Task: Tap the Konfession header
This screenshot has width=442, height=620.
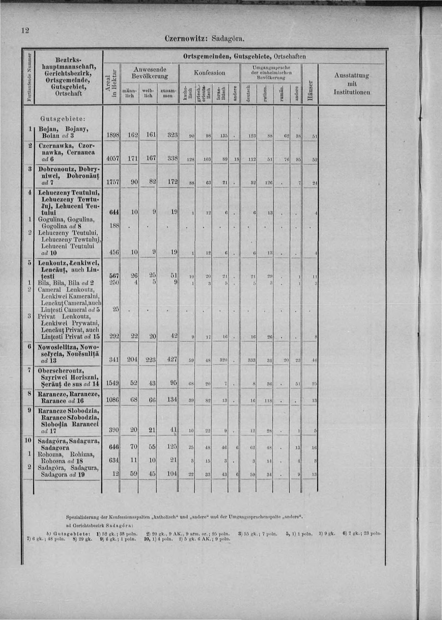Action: (x=209, y=73)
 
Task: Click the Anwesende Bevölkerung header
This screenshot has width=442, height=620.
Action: (x=149, y=73)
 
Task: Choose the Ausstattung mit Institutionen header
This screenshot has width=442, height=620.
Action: (x=352, y=84)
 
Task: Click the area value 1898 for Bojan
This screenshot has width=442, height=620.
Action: (x=112, y=135)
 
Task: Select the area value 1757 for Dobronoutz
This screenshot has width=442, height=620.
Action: (x=112, y=183)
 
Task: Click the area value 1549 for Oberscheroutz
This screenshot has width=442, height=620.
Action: (x=112, y=383)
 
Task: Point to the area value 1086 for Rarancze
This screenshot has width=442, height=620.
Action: (x=112, y=400)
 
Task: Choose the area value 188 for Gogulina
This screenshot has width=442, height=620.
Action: (x=114, y=226)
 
